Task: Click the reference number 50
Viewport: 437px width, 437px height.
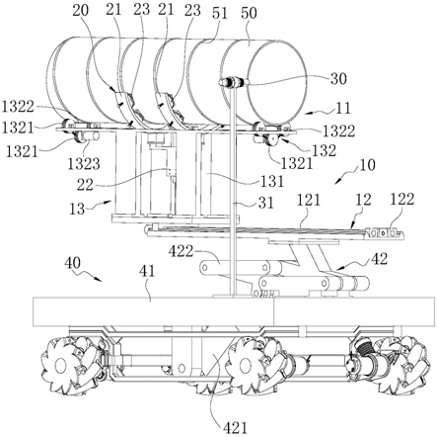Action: [x=249, y=13]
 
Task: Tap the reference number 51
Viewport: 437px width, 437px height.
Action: [x=220, y=13]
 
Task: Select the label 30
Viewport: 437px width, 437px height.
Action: [x=338, y=79]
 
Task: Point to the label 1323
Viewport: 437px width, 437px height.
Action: [x=84, y=164]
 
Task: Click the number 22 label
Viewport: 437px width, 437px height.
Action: [x=85, y=185]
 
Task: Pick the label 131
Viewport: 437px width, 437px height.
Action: [x=272, y=181]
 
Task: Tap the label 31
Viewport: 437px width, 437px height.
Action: [x=265, y=203]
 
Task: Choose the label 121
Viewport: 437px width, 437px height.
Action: [x=308, y=200]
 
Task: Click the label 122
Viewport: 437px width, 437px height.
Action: [x=402, y=199]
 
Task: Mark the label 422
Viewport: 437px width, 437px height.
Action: [x=181, y=251]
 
